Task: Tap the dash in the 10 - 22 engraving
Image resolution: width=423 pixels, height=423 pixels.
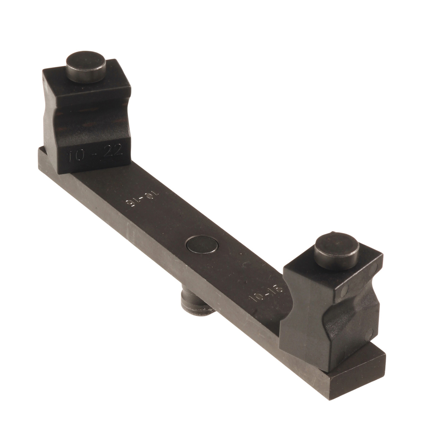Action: pyautogui.click(x=95, y=154)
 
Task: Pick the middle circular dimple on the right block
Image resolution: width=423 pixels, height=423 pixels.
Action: pyautogui.click(x=343, y=290)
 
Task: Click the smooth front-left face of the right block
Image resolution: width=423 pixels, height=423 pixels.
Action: pyautogui.click(x=302, y=321)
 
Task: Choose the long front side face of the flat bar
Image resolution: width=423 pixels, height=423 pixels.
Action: pyautogui.click(x=169, y=271)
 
